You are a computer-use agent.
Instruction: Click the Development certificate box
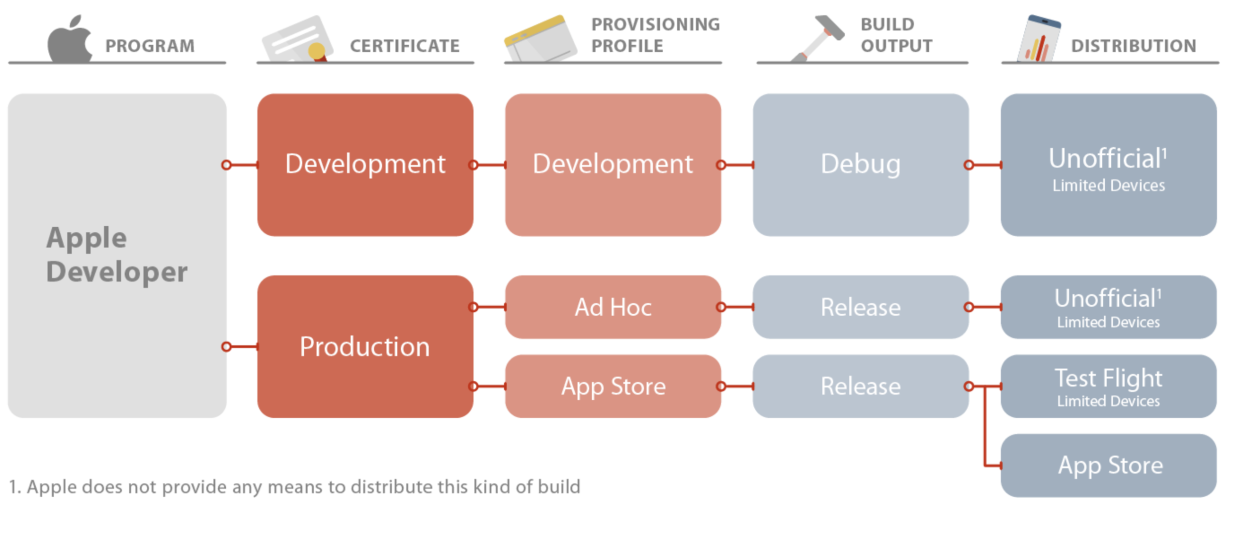365,165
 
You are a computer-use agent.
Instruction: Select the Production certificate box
365,347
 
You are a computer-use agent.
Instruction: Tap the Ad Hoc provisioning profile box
613,307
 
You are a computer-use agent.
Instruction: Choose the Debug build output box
860,165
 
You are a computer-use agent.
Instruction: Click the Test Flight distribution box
1108,386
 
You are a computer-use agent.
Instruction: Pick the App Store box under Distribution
1108,465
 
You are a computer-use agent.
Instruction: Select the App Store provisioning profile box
613,386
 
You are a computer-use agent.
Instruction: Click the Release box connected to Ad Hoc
860,307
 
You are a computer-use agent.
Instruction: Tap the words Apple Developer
116,255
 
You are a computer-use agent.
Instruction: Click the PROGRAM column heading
150,46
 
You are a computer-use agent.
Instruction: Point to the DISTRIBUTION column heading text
1133,46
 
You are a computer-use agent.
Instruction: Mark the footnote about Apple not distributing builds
294,487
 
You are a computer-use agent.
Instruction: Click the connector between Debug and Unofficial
984,165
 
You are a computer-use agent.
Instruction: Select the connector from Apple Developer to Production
242,347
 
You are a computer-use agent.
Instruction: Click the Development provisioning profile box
613,165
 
